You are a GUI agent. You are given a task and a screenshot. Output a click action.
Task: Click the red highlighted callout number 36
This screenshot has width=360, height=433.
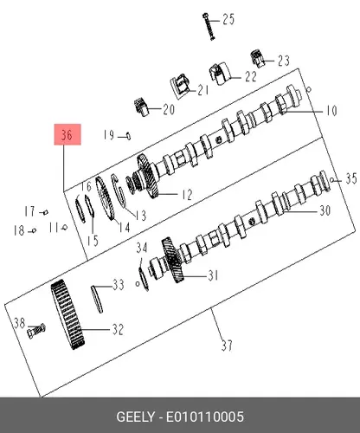(x=67, y=134)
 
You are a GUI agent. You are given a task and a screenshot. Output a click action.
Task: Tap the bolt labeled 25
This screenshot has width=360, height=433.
(x=209, y=26)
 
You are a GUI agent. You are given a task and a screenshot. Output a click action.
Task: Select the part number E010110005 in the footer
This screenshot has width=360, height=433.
(x=205, y=417)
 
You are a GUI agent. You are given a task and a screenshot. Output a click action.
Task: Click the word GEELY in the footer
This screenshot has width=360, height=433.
(x=135, y=417)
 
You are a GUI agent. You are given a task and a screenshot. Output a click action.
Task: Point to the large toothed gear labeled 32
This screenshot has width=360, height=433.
(x=68, y=314)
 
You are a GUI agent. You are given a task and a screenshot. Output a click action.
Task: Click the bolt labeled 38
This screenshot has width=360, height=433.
(x=36, y=331)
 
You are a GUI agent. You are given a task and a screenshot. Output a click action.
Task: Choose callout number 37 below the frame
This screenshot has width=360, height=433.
(x=227, y=346)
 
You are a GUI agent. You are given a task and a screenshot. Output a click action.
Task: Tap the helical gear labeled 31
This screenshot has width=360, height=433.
(x=173, y=260)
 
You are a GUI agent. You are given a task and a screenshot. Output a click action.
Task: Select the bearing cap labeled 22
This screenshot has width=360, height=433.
(x=219, y=74)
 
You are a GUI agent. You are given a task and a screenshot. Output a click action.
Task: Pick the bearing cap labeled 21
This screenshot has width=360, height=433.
(x=180, y=86)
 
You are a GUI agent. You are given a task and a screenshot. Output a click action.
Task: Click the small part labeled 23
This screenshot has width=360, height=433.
(x=257, y=58)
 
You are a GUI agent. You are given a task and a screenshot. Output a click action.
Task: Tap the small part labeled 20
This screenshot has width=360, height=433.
(x=141, y=107)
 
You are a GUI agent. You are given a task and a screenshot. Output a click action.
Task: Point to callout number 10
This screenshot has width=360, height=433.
(x=331, y=111)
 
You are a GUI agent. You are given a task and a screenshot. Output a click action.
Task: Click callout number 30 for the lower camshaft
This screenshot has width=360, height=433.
(x=325, y=210)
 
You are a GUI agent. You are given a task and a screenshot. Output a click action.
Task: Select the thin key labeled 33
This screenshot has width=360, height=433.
(x=97, y=299)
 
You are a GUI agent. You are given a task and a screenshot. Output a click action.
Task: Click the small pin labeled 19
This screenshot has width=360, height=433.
(x=128, y=136)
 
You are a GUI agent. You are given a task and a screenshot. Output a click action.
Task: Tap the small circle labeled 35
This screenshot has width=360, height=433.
(x=332, y=180)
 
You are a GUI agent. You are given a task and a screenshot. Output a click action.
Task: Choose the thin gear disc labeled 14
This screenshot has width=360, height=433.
(x=105, y=198)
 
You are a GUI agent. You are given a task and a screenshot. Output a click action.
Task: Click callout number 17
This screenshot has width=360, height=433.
(x=29, y=211)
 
